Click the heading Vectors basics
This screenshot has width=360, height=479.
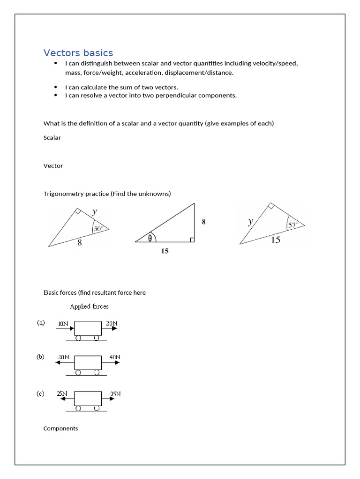pyautogui.click(x=78, y=53)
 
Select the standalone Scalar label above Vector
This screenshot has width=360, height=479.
pyautogui.click(x=52, y=138)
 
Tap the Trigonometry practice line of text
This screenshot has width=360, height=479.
pyautogui.click(x=107, y=194)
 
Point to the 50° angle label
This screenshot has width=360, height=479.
pyautogui.click(x=98, y=229)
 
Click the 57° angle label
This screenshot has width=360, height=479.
pyautogui.click(x=293, y=225)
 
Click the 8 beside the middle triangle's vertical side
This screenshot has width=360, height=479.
pyautogui.click(x=203, y=222)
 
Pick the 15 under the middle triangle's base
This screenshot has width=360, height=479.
pyautogui.click(x=165, y=251)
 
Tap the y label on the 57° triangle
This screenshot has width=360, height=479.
pyautogui.click(x=251, y=222)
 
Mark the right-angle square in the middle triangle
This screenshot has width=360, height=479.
pyautogui.click(x=192, y=240)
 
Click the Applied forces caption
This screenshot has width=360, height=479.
pyautogui.click(x=89, y=306)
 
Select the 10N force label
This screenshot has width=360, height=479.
pyautogui.click(x=64, y=323)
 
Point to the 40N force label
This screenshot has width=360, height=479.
pyautogui.click(x=115, y=357)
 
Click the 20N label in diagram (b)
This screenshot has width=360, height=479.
pyautogui.click(x=64, y=357)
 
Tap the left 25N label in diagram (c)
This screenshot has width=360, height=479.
pyautogui.click(x=62, y=394)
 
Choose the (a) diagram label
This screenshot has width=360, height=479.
pyautogui.click(x=41, y=322)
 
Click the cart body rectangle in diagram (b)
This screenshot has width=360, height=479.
pyautogui.click(x=88, y=363)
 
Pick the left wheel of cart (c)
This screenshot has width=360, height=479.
pyautogui.click(x=78, y=408)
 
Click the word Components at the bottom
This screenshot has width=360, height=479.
pyautogui.click(x=60, y=428)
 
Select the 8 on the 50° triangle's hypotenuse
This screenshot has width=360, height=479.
pyautogui.click(x=80, y=243)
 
